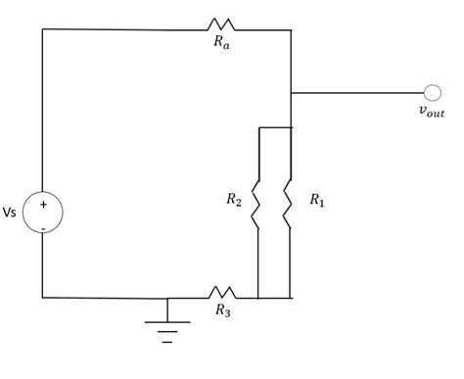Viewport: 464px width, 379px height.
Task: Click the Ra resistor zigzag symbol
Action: click(220, 24)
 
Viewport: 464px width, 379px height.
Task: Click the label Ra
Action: click(222, 45)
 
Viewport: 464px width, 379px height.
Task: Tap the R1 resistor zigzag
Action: click(290, 203)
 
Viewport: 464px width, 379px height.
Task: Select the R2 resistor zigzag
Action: click(257, 203)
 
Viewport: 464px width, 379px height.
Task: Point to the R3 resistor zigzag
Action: click(222, 292)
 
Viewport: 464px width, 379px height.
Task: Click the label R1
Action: click(317, 201)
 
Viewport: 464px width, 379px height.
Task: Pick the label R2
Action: click(234, 201)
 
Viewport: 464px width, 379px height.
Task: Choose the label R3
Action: click(223, 311)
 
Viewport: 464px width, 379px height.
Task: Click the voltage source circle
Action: click(43, 212)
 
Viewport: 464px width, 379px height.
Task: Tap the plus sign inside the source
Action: click(43, 203)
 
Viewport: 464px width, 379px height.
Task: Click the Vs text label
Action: click(11, 213)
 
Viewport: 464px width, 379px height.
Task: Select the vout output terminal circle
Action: click(432, 93)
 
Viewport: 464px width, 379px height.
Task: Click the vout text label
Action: click(432, 113)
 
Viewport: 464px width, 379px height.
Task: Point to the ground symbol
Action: click(167, 325)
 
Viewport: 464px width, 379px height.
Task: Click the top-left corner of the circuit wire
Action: click(43, 29)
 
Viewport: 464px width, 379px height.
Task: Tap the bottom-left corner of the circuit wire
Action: click(43, 297)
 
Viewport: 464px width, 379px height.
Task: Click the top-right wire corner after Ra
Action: click(291, 30)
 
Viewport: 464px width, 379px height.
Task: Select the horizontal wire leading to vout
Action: click(357, 93)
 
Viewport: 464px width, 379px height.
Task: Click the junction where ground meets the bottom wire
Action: click(167, 298)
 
